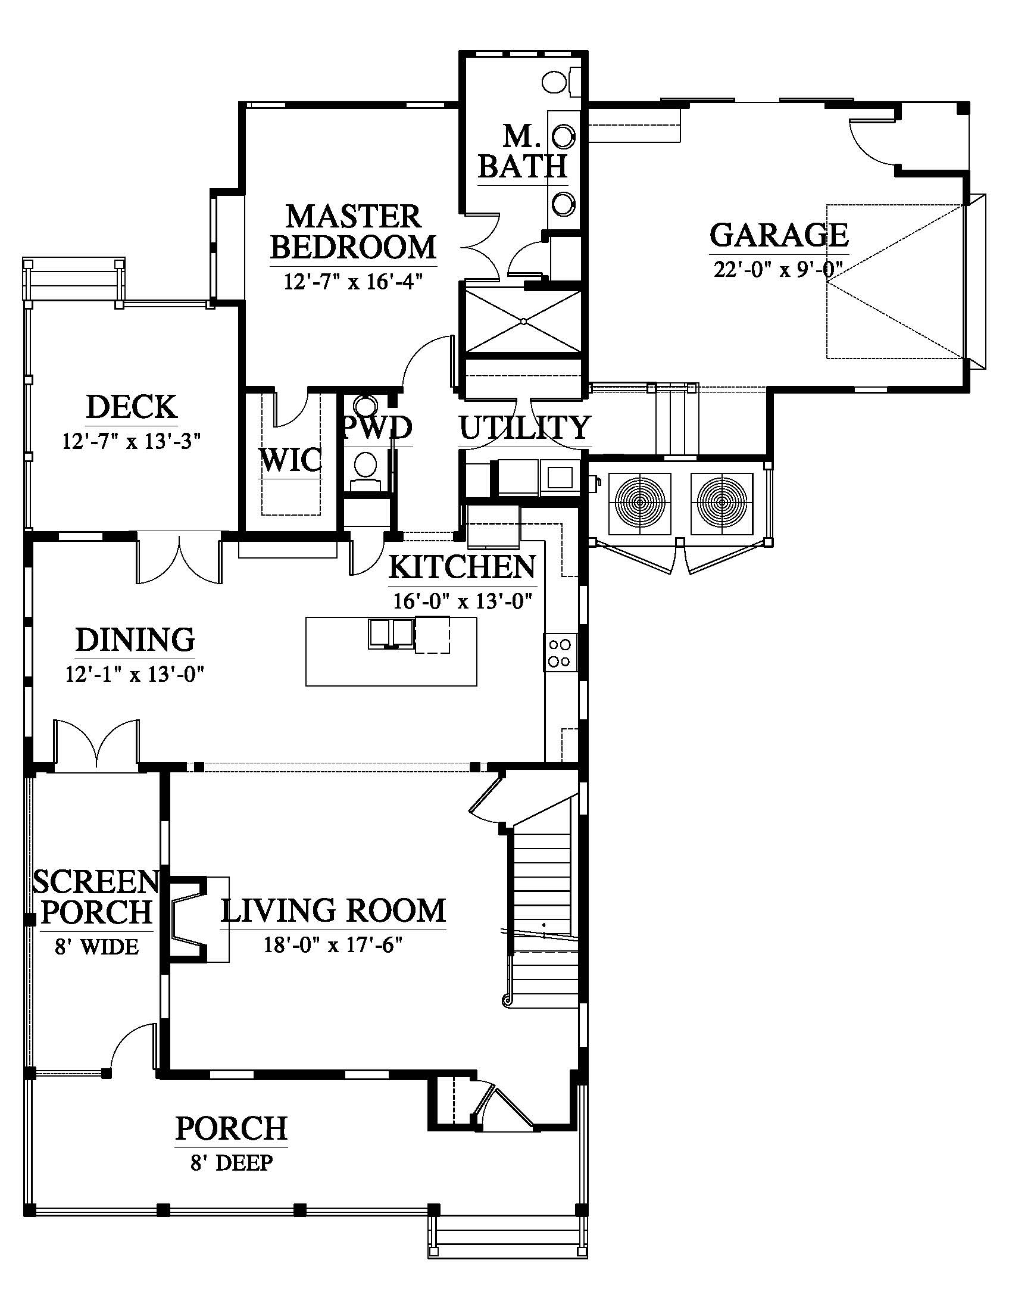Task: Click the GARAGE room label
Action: [x=779, y=235]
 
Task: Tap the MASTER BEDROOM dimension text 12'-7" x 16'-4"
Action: [x=354, y=280]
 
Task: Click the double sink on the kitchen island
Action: [x=391, y=634]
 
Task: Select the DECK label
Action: [x=132, y=407]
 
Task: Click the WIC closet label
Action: [x=291, y=461]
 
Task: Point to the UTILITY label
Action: [x=524, y=428]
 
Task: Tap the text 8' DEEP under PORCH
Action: [x=232, y=1164]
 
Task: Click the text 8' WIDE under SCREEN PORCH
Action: [x=96, y=947]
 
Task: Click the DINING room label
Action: [x=135, y=640]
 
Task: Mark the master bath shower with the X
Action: [x=523, y=322]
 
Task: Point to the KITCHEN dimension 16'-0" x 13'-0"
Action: [x=463, y=600]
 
